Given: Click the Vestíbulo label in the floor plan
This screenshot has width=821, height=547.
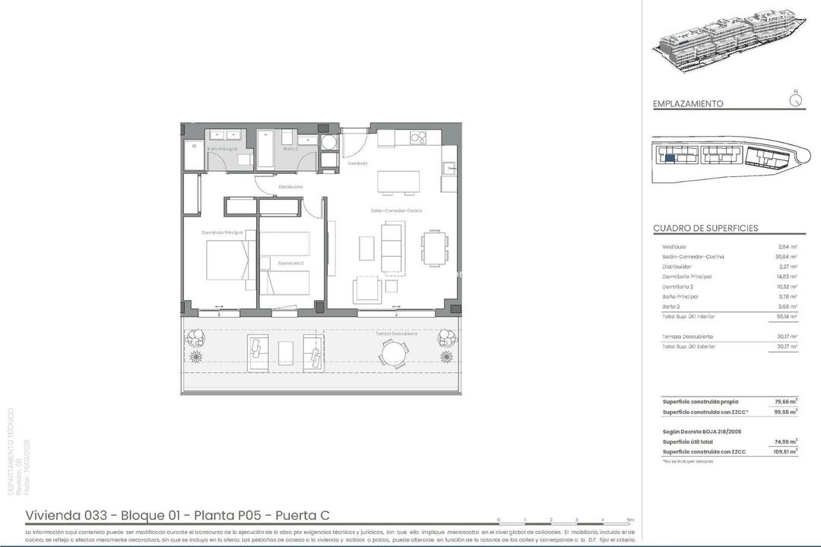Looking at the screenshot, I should click(358, 163).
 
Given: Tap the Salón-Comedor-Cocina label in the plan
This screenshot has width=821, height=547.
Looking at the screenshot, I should click(396, 210).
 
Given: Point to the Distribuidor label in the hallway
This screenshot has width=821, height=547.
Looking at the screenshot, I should click(291, 186).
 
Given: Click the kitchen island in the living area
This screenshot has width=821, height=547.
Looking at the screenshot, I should click(398, 182).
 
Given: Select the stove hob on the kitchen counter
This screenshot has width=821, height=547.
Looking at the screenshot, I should click(417, 138).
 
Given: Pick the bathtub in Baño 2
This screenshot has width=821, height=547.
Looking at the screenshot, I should click(266, 149).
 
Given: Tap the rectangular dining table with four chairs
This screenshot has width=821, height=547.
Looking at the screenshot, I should click(434, 248).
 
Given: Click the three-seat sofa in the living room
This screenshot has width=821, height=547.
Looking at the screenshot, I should click(392, 247).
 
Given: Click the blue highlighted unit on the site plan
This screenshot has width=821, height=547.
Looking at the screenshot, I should click(670, 158).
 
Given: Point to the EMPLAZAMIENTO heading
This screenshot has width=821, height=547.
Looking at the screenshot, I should click(688, 104).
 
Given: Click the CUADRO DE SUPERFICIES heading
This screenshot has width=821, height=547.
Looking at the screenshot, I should click(705, 228).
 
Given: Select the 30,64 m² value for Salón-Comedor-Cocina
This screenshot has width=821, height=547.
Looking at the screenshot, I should click(787, 257).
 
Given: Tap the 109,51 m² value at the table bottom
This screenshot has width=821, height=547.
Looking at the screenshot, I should click(786, 451).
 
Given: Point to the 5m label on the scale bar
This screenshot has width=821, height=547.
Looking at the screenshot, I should click(629, 520).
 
